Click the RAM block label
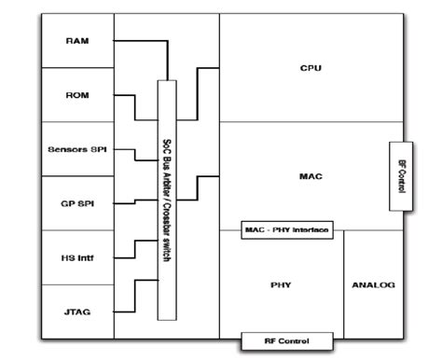point(77,41)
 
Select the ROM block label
point(77,95)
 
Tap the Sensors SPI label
point(77,149)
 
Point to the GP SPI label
point(77,203)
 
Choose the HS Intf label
point(77,257)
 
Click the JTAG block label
point(77,312)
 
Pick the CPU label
point(311,68)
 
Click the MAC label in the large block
point(311,176)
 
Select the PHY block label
point(281,284)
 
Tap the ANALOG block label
point(374,284)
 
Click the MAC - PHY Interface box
point(287,230)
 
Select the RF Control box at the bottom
point(287,341)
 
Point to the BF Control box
point(401,176)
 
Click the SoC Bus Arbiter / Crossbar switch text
point(167,201)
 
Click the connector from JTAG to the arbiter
point(135,296)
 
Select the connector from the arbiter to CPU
point(197,94)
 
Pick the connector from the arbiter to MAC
point(197,188)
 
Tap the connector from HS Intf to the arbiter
point(135,249)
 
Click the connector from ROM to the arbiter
point(135,107)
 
